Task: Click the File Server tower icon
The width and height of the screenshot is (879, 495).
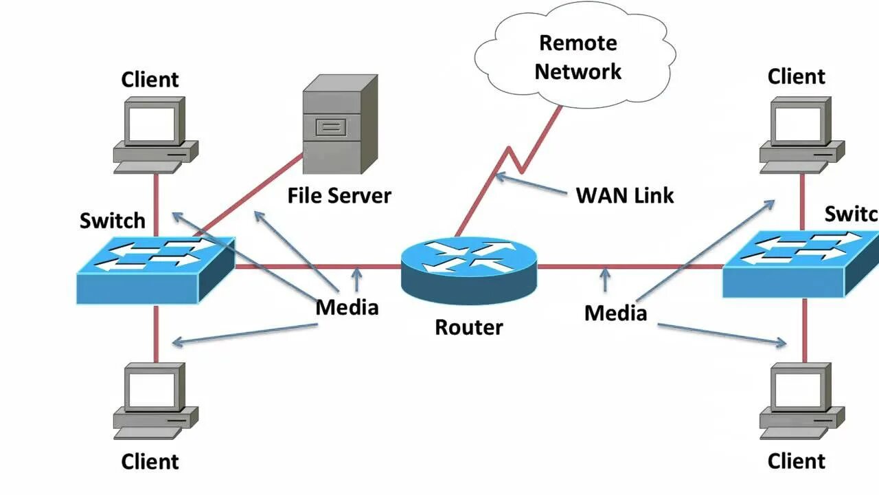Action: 339,125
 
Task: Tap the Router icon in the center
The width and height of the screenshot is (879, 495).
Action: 470,268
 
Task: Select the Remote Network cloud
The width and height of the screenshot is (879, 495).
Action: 577,58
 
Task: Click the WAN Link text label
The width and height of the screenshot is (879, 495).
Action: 625,195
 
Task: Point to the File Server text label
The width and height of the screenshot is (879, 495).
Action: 339,196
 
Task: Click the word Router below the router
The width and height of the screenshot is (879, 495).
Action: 469,327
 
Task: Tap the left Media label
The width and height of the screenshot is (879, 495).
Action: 347,307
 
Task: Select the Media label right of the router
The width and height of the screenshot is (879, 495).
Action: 615,313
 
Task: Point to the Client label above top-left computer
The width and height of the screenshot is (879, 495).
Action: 150,80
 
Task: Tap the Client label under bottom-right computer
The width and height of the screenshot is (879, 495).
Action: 797,461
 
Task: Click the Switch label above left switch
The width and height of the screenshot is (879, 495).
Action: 113,221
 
